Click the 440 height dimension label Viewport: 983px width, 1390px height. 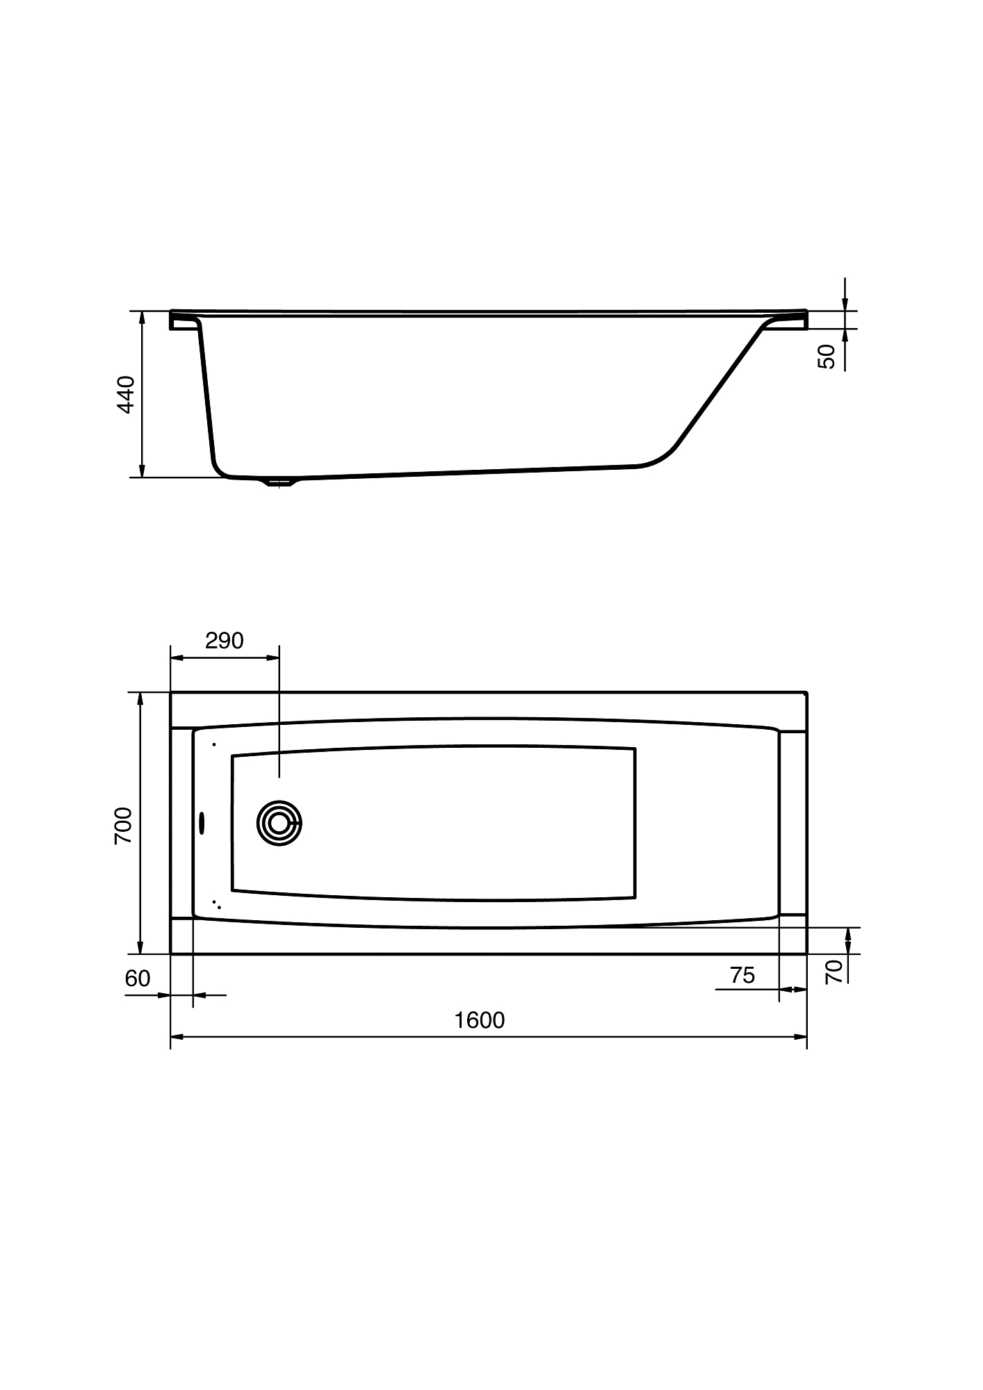[x=126, y=394]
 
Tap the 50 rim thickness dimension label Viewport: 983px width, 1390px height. [x=827, y=357]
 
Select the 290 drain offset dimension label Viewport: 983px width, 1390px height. [x=225, y=640]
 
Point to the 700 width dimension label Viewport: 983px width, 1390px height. [x=123, y=825]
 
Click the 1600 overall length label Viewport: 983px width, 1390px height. [x=479, y=1020]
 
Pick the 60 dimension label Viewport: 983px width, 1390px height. [x=138, y=978]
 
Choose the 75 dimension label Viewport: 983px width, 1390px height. [x=742, y=975]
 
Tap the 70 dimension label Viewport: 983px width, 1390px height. [x=834, y=970]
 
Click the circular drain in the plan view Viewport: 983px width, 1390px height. [x=279, y=823]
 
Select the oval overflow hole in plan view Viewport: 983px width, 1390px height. [x=202, y=823]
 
